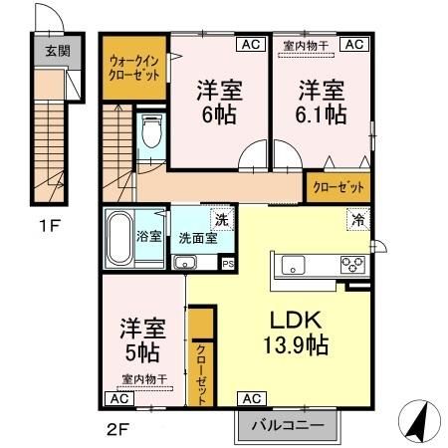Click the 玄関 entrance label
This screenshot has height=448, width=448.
58,51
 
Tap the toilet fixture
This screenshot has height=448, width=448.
151,130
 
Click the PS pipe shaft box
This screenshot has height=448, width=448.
228,264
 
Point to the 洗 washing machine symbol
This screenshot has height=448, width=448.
222,220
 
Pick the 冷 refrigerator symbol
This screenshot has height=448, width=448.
358,219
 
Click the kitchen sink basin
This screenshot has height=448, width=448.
294,266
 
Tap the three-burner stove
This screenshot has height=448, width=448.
352,265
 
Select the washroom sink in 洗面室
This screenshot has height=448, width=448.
185,262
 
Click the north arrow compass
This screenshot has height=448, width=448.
419,420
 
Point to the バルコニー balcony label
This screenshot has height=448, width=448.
288,425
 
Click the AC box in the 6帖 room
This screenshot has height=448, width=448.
251,44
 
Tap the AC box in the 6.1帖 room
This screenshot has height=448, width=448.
354,44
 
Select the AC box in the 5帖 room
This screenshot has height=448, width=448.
119,398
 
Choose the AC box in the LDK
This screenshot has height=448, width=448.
252,398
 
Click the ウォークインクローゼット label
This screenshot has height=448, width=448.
134,69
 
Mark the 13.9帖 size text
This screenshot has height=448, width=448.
296,345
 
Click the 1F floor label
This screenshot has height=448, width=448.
50,226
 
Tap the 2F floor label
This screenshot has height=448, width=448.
117,430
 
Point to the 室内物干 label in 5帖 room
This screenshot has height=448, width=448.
144,379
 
